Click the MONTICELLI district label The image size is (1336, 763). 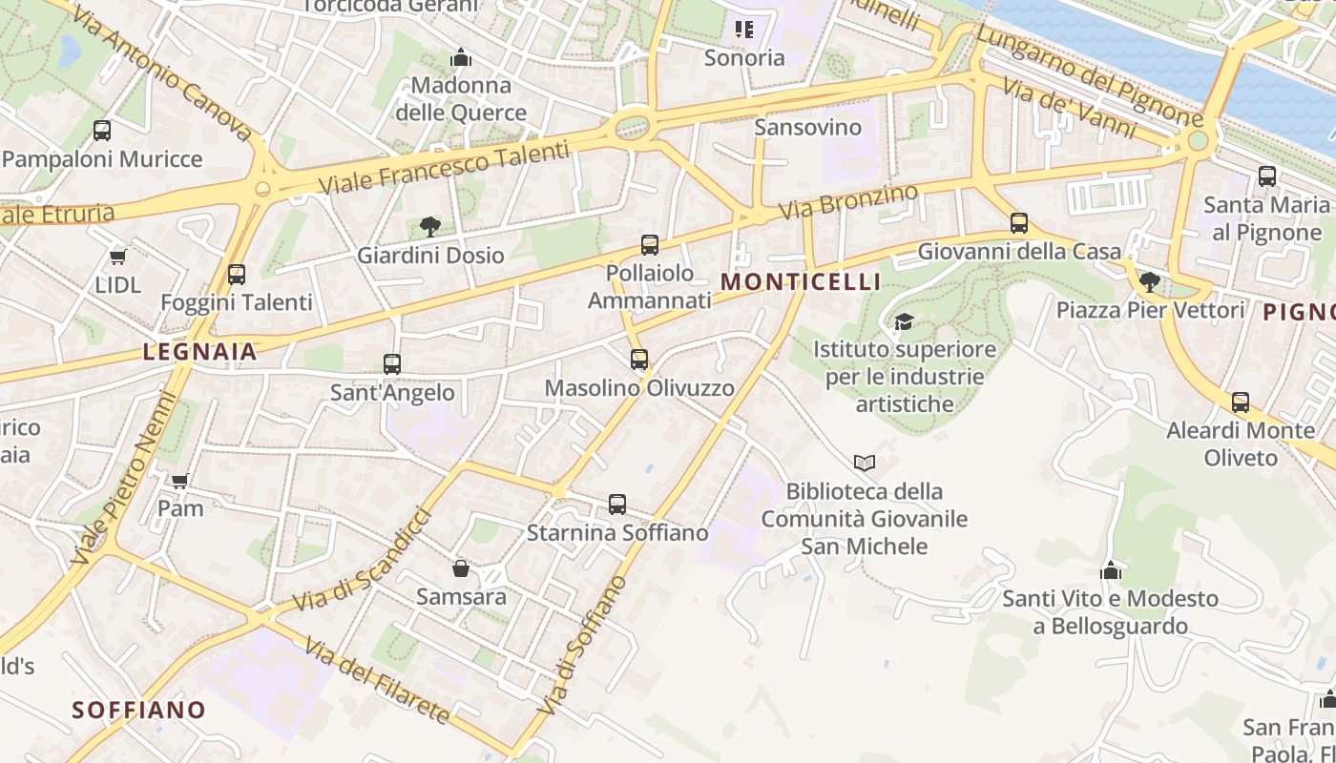point(801,282)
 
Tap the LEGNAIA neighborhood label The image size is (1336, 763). point(200,352)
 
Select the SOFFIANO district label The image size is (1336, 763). point(139,710)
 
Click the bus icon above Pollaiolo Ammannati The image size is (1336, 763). point(650,245)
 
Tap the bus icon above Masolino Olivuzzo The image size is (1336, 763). point(639,360)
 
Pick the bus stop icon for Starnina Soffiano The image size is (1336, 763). point(617,505)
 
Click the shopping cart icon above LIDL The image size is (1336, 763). point(118,257)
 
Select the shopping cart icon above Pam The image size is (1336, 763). point(180,480)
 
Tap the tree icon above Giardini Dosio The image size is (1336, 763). point(430,226)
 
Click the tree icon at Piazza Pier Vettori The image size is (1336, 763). point(1150,281)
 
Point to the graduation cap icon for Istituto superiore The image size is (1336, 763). point(904,321)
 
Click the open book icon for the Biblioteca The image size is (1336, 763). point(865,463)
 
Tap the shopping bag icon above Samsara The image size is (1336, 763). point(461,568)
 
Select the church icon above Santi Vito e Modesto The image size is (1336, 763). point(1111,570)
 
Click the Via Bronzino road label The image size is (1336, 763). point(848,201)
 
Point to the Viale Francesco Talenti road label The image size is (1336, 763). point(443,168)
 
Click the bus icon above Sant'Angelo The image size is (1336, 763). point(392,363)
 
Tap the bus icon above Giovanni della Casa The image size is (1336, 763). point(1019,223)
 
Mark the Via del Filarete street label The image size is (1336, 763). point(377,681)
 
